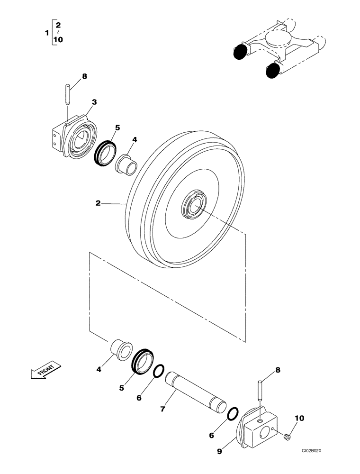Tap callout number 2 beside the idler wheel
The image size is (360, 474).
point(98,203)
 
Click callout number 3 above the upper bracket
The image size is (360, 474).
point(94,102)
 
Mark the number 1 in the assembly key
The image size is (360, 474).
point(46,32)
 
